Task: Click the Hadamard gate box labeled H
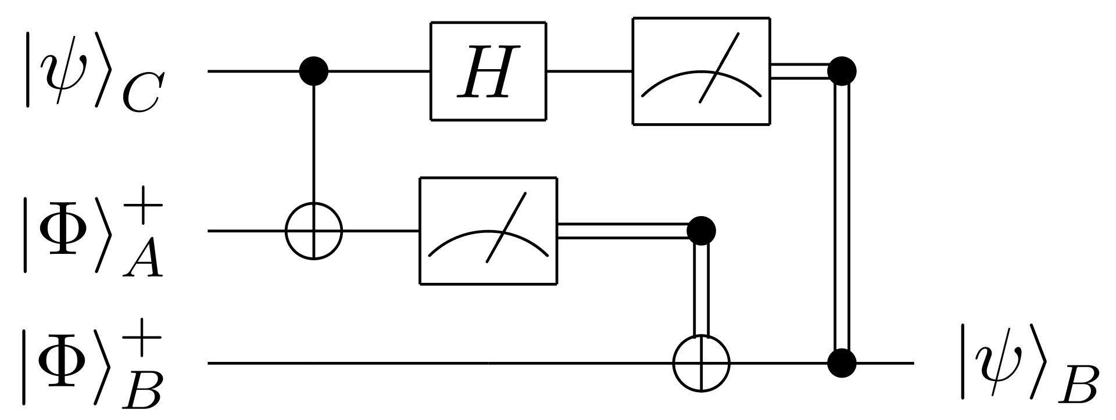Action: coord(488,71)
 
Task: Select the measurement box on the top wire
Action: coord(701,71)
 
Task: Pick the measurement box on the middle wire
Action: coord(488,231)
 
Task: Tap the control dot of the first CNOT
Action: coord(314,71)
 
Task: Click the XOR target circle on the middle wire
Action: coord(314,231)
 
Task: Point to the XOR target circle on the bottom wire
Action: coord(701,363)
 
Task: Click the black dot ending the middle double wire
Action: coord(701,231)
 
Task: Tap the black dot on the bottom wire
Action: coord(842,363)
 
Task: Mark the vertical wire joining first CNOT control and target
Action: coord(314,145)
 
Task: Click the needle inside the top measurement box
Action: coord(719,67)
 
